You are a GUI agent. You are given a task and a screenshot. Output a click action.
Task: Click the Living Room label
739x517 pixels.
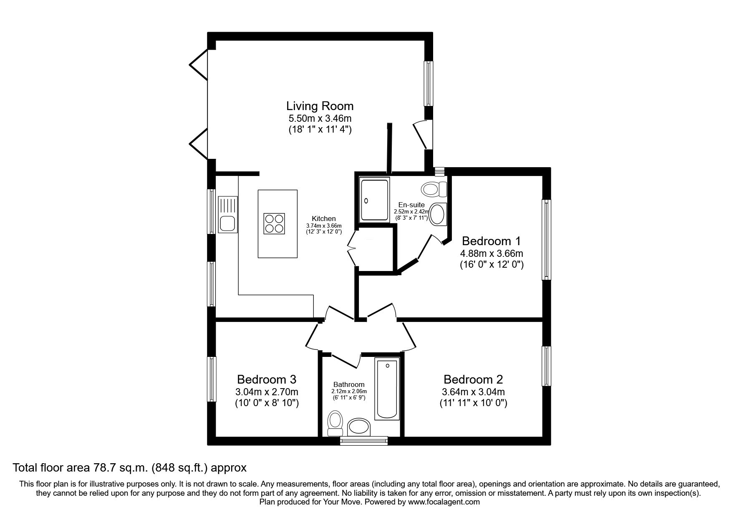click(320, 106)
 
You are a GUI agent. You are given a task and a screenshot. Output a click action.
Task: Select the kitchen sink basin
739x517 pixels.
click(227, 224)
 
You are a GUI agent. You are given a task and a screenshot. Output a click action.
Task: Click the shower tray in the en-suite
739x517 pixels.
click(375, 199)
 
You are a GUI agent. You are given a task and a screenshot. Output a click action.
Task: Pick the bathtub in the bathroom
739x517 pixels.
click(387, 389)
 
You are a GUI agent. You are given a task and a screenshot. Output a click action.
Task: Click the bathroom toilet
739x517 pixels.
click(335, 422)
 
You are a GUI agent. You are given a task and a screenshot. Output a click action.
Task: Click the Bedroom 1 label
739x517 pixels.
click(492, 241)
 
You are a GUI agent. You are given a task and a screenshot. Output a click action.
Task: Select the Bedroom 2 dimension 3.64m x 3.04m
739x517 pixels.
click(473, 392)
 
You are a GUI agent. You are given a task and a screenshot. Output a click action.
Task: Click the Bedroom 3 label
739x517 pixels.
click(267, 379)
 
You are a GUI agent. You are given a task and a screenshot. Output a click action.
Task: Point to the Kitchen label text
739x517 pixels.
click(323, 218)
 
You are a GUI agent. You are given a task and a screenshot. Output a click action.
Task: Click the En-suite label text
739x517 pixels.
click(411, 205)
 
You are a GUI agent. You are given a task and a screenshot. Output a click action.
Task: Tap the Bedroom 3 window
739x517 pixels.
click(212, 379)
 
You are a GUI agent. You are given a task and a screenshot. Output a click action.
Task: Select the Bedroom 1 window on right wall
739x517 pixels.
click(546, 239)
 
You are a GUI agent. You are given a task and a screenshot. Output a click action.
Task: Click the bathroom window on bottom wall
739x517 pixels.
click(363, 441)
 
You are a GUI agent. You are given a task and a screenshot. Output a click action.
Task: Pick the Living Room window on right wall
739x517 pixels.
click(429, 83)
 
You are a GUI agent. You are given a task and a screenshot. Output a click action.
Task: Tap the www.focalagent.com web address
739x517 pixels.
click(444, 502)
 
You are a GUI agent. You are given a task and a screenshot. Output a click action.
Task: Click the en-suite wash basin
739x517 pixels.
click(438, 214)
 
